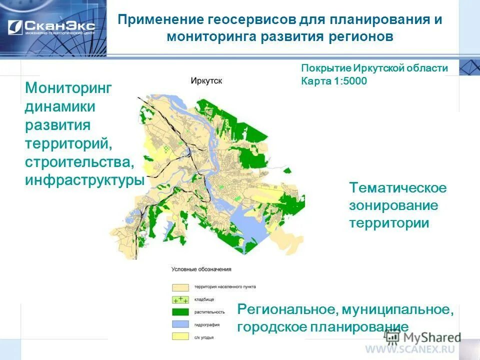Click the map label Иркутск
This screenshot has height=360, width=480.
[206, 80]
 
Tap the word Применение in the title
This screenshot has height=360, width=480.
[159, 20]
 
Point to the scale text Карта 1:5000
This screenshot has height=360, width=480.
[333, 81]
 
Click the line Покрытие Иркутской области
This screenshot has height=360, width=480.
[374, 68]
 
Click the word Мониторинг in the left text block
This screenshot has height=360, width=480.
[68, 88]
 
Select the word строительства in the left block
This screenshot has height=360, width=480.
[79, 162]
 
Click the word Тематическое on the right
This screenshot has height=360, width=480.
[397, 188]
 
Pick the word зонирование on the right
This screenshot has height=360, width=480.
[393, 205]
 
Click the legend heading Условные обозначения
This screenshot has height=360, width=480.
[201, 269]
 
